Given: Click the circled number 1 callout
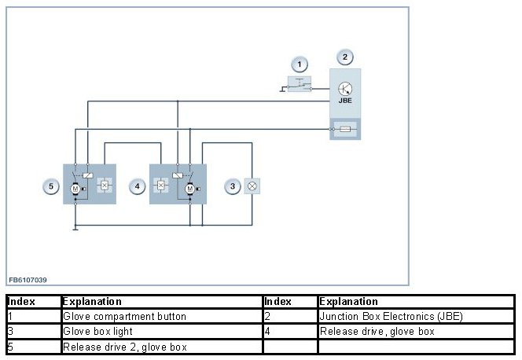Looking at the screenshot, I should (x=298, y=64).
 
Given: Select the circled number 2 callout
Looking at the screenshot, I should (x=344, y=57).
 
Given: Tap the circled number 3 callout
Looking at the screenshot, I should (x=233, y=186).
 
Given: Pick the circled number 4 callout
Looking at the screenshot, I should (x=138, y=186).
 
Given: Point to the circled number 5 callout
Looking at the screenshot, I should (x=51, y=186).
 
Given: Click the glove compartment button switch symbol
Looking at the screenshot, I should (x=299, y=84).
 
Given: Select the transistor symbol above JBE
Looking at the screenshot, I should (x=344, y=88).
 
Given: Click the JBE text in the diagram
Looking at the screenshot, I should (x=344, y=101).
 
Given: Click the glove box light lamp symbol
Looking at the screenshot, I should (x=253, y=186).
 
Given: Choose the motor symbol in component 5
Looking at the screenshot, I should (x=75, y=189).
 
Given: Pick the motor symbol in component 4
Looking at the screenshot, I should (x=189, y=189).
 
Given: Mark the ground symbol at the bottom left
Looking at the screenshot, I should (x=75, y=228).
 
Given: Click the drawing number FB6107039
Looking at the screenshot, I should (x=28, y=279).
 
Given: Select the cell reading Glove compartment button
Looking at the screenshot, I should (x=124, y=317).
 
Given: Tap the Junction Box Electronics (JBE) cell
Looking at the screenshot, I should (x=391, y=317).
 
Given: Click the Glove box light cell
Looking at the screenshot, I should (x=97, y=332).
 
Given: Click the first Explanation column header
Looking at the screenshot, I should (x=92, y=302).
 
